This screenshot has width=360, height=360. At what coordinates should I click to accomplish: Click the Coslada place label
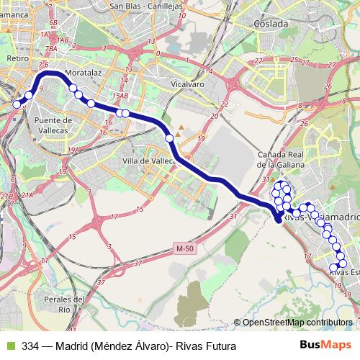[x=270, y=23]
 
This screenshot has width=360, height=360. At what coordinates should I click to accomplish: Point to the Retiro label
[x=16, y=58]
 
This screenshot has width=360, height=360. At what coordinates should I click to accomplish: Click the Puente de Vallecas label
[x=53, y=125]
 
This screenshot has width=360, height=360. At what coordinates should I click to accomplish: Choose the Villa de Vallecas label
[x=149, y=161]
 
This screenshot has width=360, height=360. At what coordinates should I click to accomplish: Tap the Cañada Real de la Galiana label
[x=282, y=159]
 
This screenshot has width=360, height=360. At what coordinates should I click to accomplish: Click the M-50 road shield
[x=184, y=249]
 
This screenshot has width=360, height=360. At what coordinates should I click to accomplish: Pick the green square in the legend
[x=10, y=346]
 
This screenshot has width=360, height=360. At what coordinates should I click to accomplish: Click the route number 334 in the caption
[x=30, y=346]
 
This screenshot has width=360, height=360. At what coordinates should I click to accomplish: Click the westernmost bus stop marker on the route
[x=17, y=104]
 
